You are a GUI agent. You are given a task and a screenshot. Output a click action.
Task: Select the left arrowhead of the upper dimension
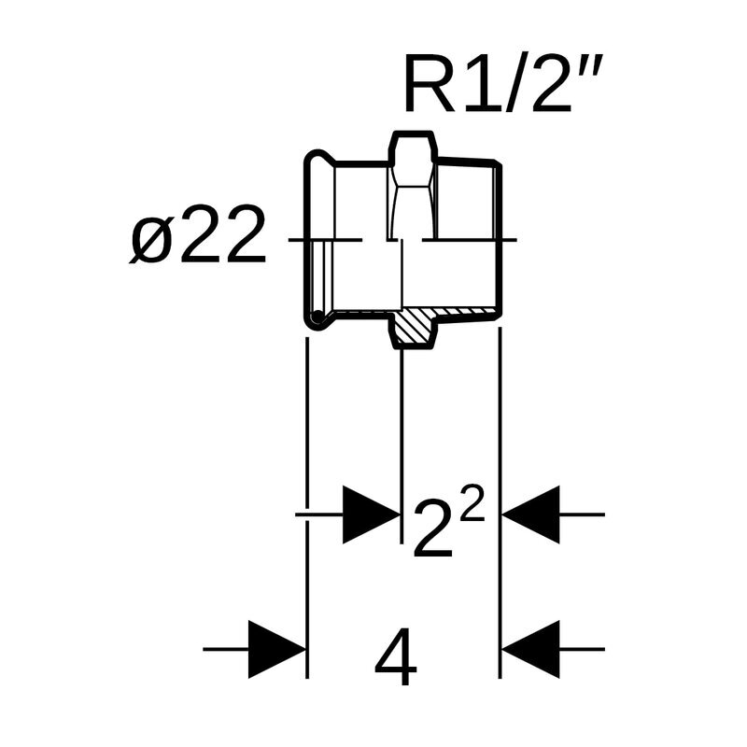click(371, 514)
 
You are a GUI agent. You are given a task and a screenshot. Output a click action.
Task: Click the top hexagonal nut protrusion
click(411, 148)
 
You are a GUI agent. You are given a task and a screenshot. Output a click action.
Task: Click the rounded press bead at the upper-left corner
click(317, 162)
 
